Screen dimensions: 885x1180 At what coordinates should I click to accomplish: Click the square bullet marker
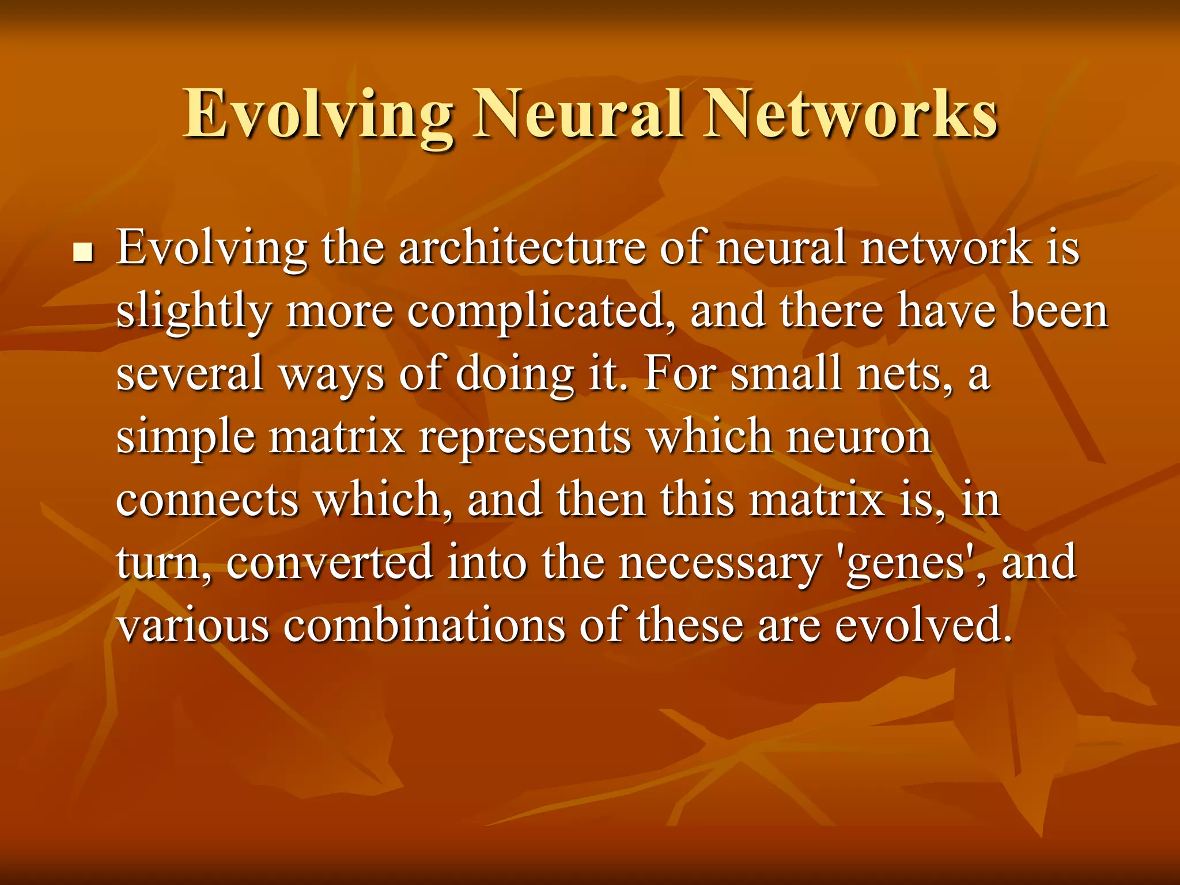coord(84,253)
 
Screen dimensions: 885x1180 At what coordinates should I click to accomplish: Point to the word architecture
coord(522,248)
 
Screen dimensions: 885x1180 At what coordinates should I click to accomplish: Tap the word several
coord(190,374)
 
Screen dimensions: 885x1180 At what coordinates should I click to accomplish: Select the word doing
coord(515,374)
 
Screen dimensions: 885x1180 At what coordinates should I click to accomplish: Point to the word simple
coord(186,437)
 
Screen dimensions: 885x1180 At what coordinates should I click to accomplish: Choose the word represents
coord(525,437)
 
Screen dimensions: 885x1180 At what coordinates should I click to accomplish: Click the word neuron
coord(859,437)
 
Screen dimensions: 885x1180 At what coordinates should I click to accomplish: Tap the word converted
coord(330,562)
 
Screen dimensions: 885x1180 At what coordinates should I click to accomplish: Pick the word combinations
coord(424,625)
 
